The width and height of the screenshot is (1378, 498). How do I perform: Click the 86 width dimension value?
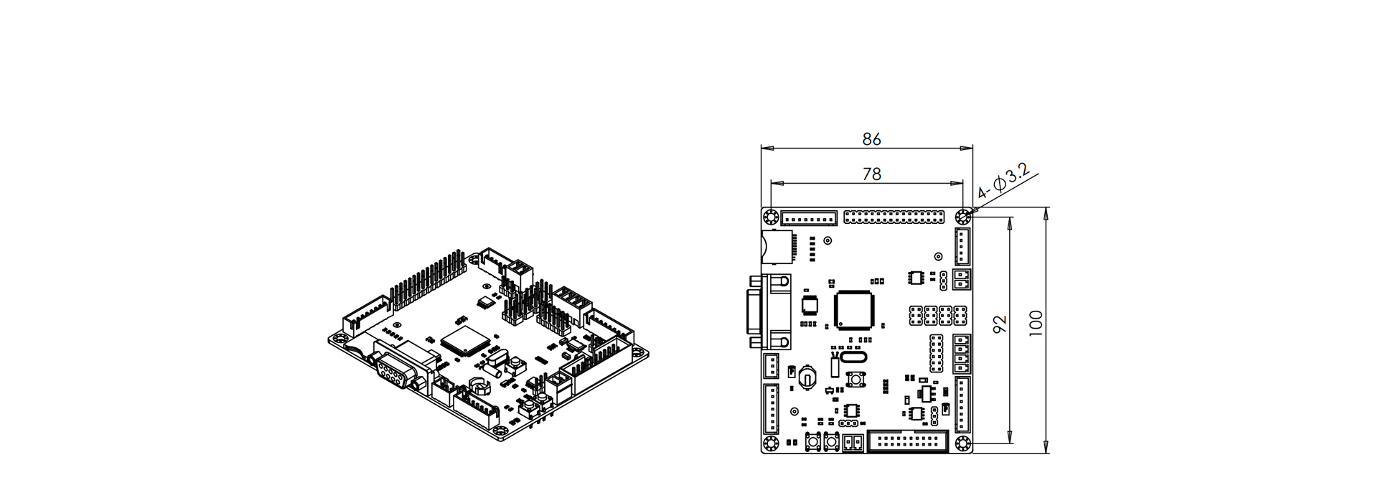click(x=871, y=139)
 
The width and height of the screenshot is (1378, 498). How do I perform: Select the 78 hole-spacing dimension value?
click(x=871, y=174)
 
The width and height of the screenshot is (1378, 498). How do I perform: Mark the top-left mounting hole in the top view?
click(x=772, y=217)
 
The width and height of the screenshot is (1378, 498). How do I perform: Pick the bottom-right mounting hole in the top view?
click(x=962, y=443)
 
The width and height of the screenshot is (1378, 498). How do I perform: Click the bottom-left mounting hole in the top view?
click(x=772, y=443)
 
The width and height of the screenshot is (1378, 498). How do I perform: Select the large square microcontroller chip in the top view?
click(x=854, y=310)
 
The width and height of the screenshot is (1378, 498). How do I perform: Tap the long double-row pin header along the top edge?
click(x=894, y=216)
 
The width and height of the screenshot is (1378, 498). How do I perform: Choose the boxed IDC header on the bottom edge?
click(x=908, y=442)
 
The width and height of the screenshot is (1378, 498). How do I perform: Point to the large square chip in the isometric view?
click(x=464, y=339)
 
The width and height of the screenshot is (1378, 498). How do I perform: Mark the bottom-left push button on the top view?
click(x=815, y=443)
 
